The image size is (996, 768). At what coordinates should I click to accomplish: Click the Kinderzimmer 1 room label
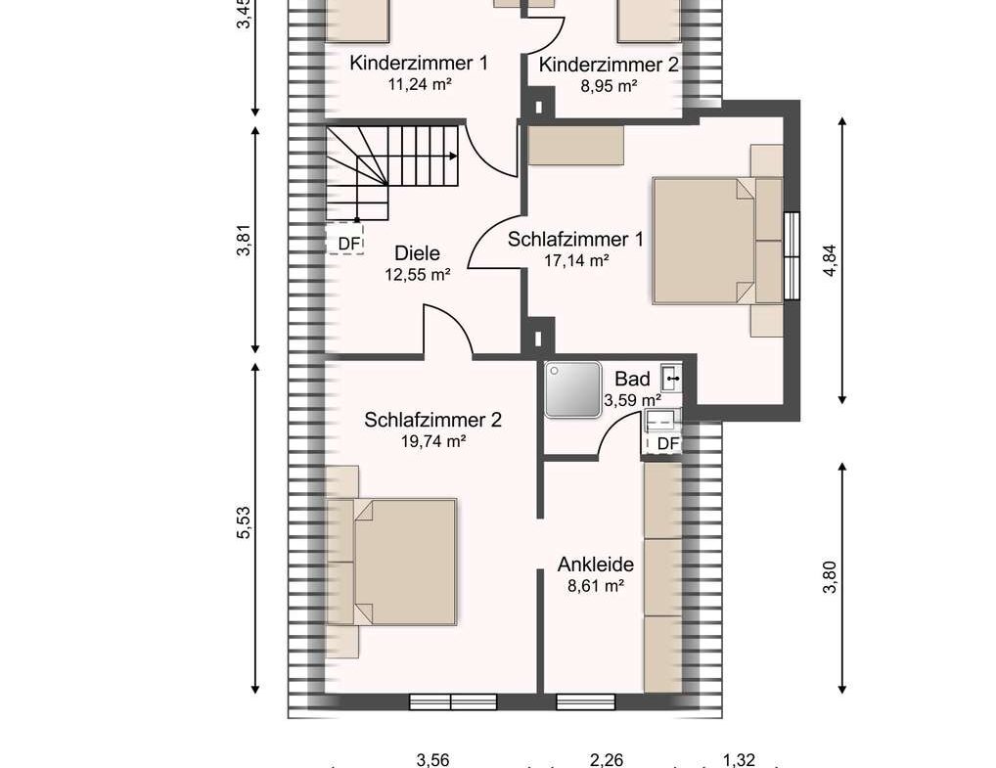[x=419, y=64]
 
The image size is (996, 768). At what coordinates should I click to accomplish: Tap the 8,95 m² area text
[x=610, y=86]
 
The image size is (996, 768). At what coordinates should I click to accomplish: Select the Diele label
[x=418, y=253]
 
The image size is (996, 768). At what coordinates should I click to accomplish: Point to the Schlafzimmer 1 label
[x=575, y=240]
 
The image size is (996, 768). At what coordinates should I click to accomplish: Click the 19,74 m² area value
[x=433, y=441]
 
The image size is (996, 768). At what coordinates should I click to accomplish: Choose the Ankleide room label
[x=596, y=565]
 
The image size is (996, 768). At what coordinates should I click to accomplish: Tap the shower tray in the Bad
[x=572, y=390]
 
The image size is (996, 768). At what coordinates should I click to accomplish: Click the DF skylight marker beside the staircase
[x=345, y=240]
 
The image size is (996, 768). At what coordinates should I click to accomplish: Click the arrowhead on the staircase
[x=453, y=156]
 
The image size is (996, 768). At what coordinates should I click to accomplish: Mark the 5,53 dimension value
[x=244, y=522]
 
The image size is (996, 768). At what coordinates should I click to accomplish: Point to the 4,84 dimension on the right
[x=831, y=261]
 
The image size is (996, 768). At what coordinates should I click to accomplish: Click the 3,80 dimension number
[x=831, y=577]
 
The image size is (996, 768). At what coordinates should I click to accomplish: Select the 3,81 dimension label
[x=244, y=240]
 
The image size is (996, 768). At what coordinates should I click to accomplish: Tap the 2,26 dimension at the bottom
[x=607, y=760]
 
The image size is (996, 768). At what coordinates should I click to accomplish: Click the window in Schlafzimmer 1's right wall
[x=792, y=255]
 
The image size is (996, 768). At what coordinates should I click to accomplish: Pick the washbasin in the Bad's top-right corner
[x=671, y=378]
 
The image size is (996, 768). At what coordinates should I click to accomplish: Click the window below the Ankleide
[x=586, y=701]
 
